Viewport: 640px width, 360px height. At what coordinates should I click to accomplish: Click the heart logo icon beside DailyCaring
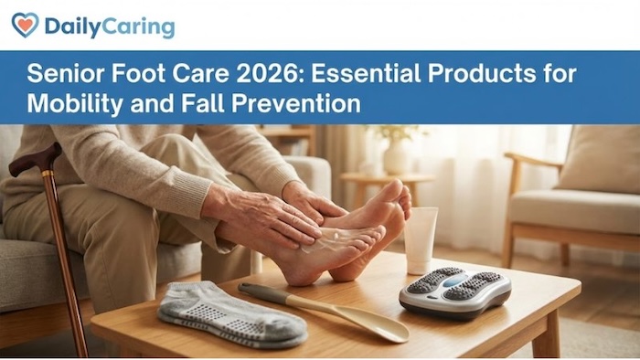pyautogui.click(x=25, y=26)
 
